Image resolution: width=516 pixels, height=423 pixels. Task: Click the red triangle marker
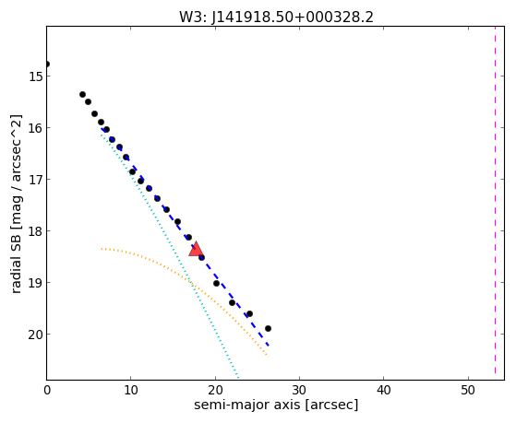coord(196,249)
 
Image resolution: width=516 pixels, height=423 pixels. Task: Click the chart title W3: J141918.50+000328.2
coord(276,18)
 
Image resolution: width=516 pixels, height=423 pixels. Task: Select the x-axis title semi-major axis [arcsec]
coord(276,405)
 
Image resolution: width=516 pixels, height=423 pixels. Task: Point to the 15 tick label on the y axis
coord(35,76)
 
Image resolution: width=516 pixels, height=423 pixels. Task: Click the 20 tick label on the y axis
coord(35,335)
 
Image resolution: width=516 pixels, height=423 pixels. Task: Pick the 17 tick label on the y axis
coord(35,180)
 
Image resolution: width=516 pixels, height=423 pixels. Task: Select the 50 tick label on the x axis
coord(468,391)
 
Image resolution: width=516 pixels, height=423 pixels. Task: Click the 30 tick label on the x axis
coord(299,391)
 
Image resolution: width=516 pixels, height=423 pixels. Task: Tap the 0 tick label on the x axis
coord(47,391)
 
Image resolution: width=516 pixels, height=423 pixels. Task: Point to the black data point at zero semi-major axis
coord(47,64)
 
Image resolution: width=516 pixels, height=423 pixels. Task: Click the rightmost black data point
coord(268,328)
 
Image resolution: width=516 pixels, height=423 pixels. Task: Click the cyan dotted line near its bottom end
coord(236,375)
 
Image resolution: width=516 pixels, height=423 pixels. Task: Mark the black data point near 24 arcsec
coord(249,313)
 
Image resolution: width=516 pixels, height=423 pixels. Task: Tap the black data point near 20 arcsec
coord(216,283)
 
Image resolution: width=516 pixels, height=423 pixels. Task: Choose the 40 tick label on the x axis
coord(384,391)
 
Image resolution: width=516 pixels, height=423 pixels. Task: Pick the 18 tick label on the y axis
coord(35,231)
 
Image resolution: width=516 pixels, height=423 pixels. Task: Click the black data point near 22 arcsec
coord(232,302)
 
